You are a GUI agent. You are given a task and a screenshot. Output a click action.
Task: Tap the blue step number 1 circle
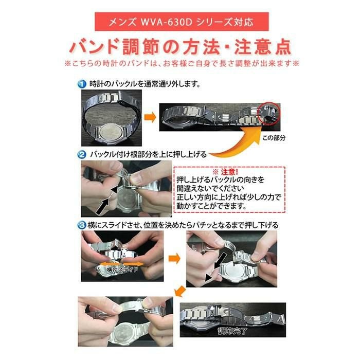click(82, 83)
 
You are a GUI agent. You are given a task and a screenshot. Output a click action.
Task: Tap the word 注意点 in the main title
click(262, 47)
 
